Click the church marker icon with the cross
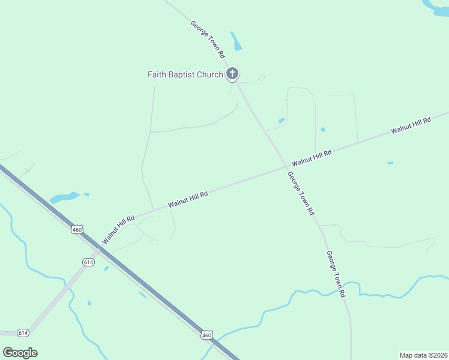pyautogui.click(x=232, y=74)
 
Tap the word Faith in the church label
pyautogui.click(x=158, y=75)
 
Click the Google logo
pyautogui.click(x=20, y=352)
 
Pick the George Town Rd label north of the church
pyautogui.click(x=208, y=39)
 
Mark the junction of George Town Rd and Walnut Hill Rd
pyautogui.click(x=286, y=166)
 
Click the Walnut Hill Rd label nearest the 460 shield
pyautogui.click(x=118, y=230)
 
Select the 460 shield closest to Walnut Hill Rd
pyautogui.click(x=77, y=230)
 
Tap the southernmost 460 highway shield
pyautogui.click(x=206, y=334)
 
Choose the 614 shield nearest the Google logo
pyautogui.click(x=23, y=332)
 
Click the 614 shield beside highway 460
pyautogui.click(x=89, y=262)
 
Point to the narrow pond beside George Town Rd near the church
pyautogui.click(x=236, y=41)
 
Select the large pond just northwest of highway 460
pyautogui.click(x=64, y=197)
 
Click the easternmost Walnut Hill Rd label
pyautogui.click(x=411, y=125)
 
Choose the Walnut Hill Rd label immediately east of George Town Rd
pyautogui.click(x=312, y=158)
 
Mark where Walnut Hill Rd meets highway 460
pyautogui.click(x=100, y=248)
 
